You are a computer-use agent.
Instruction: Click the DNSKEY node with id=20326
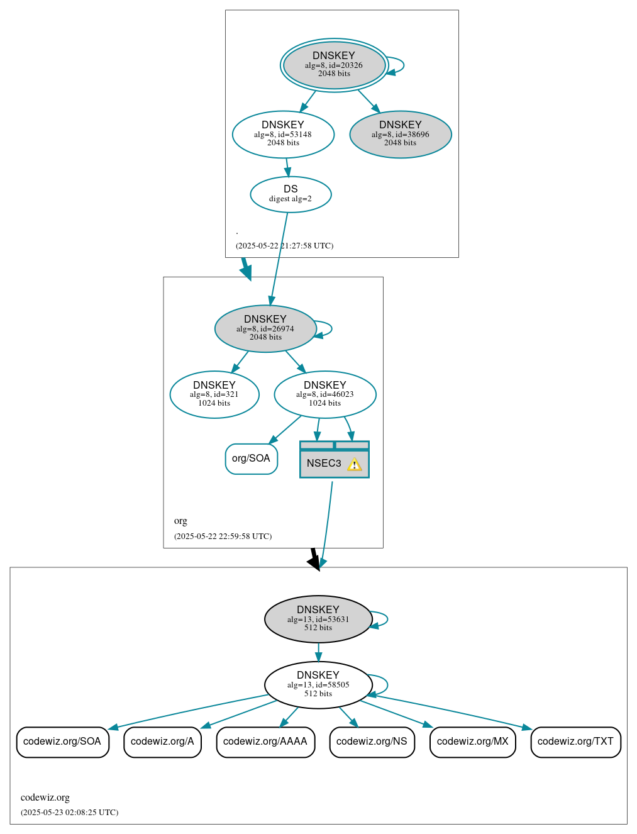click(334, 65)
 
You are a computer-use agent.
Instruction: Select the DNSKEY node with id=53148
click(283, 134)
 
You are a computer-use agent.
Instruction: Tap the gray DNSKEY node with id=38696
click(401, 134)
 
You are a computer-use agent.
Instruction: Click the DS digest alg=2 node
click(291, 194)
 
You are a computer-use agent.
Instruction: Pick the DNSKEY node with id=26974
click(265, 328)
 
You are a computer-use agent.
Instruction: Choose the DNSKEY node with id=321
click(214, 394)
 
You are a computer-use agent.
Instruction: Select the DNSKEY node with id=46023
click(325, 394)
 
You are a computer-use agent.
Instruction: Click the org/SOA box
click(251, 459)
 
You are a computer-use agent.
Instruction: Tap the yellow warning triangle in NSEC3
click(354, 465)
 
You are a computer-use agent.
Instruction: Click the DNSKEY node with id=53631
click(318, 619)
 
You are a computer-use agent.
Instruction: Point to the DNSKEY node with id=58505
click(318, 685)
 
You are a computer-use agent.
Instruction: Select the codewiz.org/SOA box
click(62, 742)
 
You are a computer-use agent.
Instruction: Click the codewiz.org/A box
click(162, 742)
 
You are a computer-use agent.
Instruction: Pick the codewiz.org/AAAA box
click(265, 742)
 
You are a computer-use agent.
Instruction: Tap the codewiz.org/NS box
click(372, 742)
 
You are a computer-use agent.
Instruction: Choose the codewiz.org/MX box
click(472, 742)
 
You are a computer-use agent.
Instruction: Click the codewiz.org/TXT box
click(575, 742)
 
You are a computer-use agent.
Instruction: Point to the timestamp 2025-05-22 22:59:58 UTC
click(223, 537)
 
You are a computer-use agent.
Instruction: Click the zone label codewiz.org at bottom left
click(45, 798)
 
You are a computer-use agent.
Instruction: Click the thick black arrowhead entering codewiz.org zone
click(314, 562)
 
